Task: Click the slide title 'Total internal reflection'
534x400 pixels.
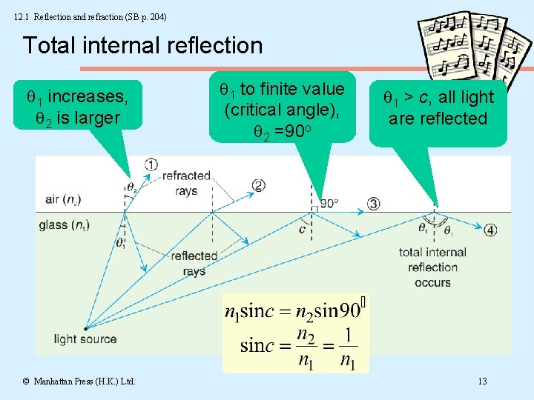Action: click(142, 46)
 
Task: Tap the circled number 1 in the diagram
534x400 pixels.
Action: click(151, 164)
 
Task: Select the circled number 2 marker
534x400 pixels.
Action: click(258, 185)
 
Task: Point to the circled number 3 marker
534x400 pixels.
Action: click(373, 204)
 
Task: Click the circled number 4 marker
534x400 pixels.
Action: click(490, 230)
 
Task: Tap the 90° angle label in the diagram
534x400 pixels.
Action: click(329, 203)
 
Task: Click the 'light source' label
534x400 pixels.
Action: click(85, 339)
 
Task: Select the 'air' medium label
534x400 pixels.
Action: click(63, 199)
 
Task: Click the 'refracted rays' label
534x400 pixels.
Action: click(186, 183)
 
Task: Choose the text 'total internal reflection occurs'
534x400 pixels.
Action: click(432, 267)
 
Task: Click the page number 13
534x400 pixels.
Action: click(482, 381)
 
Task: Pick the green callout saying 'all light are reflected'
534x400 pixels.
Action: click(438, 108)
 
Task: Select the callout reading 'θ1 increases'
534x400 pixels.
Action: click(72, 107)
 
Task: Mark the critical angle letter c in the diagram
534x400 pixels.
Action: click(302, 230)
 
